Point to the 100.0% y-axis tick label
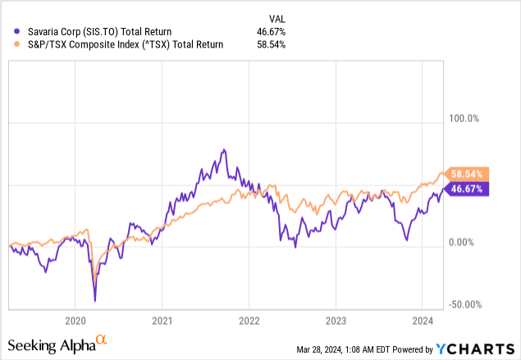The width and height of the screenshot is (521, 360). pyautogui.click(x=461, y=119)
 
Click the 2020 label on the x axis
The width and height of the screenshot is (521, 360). pyautogui.click(x=75, y=321)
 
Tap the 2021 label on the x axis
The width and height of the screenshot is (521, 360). pyautogui.click(x=162, y=321)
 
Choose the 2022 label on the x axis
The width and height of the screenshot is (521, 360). pyautogui.click(x=249, y=321)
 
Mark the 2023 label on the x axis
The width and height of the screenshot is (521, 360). pyautogui.click(x=336, y=321)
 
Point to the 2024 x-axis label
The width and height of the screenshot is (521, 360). pyautogui.click(x=423, y=321)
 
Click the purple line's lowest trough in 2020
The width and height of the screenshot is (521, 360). pyautogui.click(x=95, y=301)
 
